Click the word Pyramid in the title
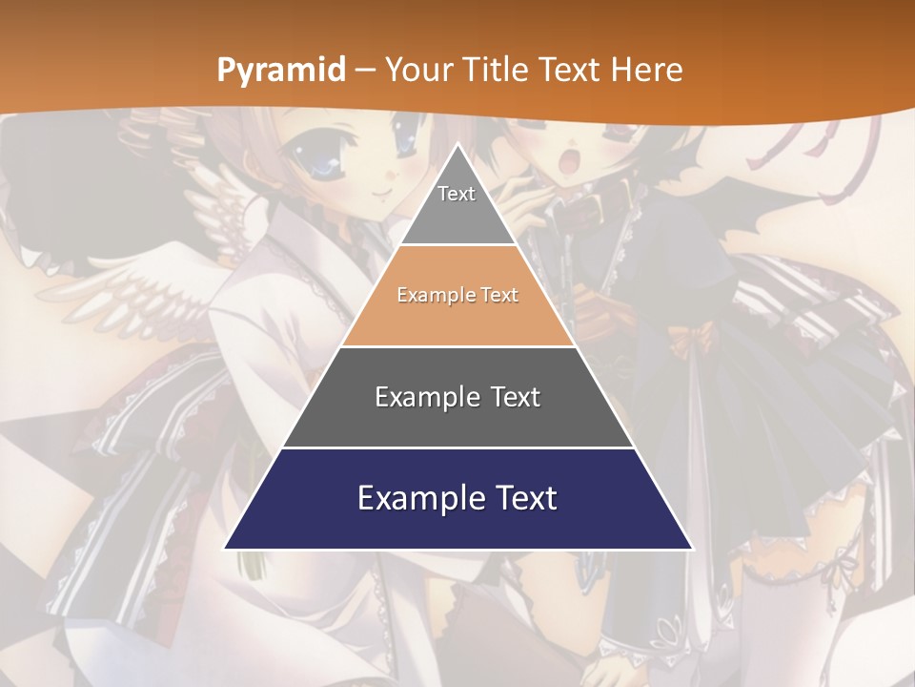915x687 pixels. [280, 71]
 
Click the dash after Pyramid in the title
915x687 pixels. [364, 71]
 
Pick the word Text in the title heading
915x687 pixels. [570, 70]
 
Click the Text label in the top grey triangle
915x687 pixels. [457, 194]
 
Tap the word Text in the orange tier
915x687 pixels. [500, 295]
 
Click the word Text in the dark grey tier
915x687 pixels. [515, 397]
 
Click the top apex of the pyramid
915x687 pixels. [458, 145]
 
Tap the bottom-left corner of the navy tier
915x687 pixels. [225, 548]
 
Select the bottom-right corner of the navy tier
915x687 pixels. [691, 548]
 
